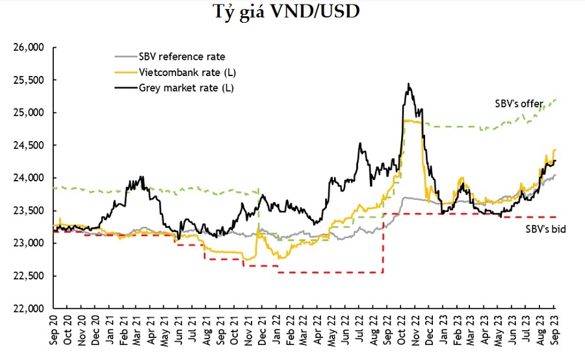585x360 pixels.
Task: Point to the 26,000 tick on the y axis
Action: [x=28, y=47]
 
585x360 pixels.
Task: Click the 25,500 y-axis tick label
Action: [x=28, y=80]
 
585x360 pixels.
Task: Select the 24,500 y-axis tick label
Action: [x=28, y=146]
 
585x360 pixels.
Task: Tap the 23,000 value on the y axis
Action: [x=28, y=243]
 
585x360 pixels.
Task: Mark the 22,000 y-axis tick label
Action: [x=28, y=308]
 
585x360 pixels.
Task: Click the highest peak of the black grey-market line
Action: [x=408, y=84]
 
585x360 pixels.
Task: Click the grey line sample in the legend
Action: [x=125, y=57]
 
